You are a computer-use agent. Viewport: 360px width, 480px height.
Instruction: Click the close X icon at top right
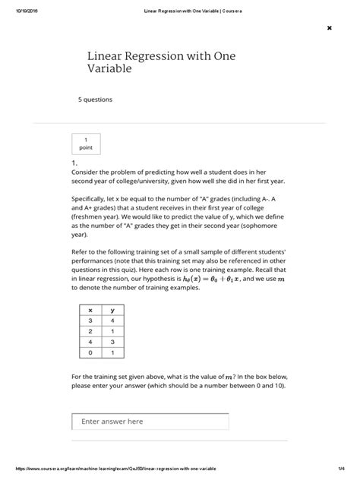pos(329,28)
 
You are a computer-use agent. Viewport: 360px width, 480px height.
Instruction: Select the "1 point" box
pos(86,144)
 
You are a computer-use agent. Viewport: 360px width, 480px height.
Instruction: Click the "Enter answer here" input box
pos(150,422)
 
